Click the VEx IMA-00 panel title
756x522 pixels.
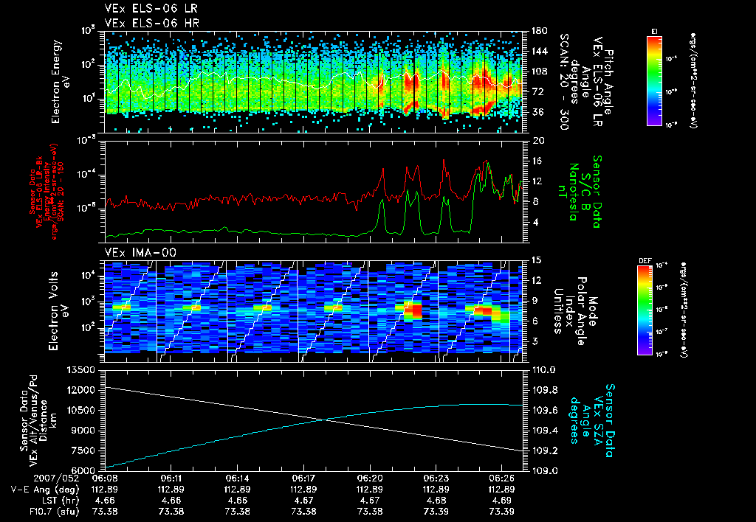point(134,253)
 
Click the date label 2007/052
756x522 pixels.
point(30,478)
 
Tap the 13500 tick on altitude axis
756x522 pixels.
point(83,369)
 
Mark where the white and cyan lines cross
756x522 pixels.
point(325,420)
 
